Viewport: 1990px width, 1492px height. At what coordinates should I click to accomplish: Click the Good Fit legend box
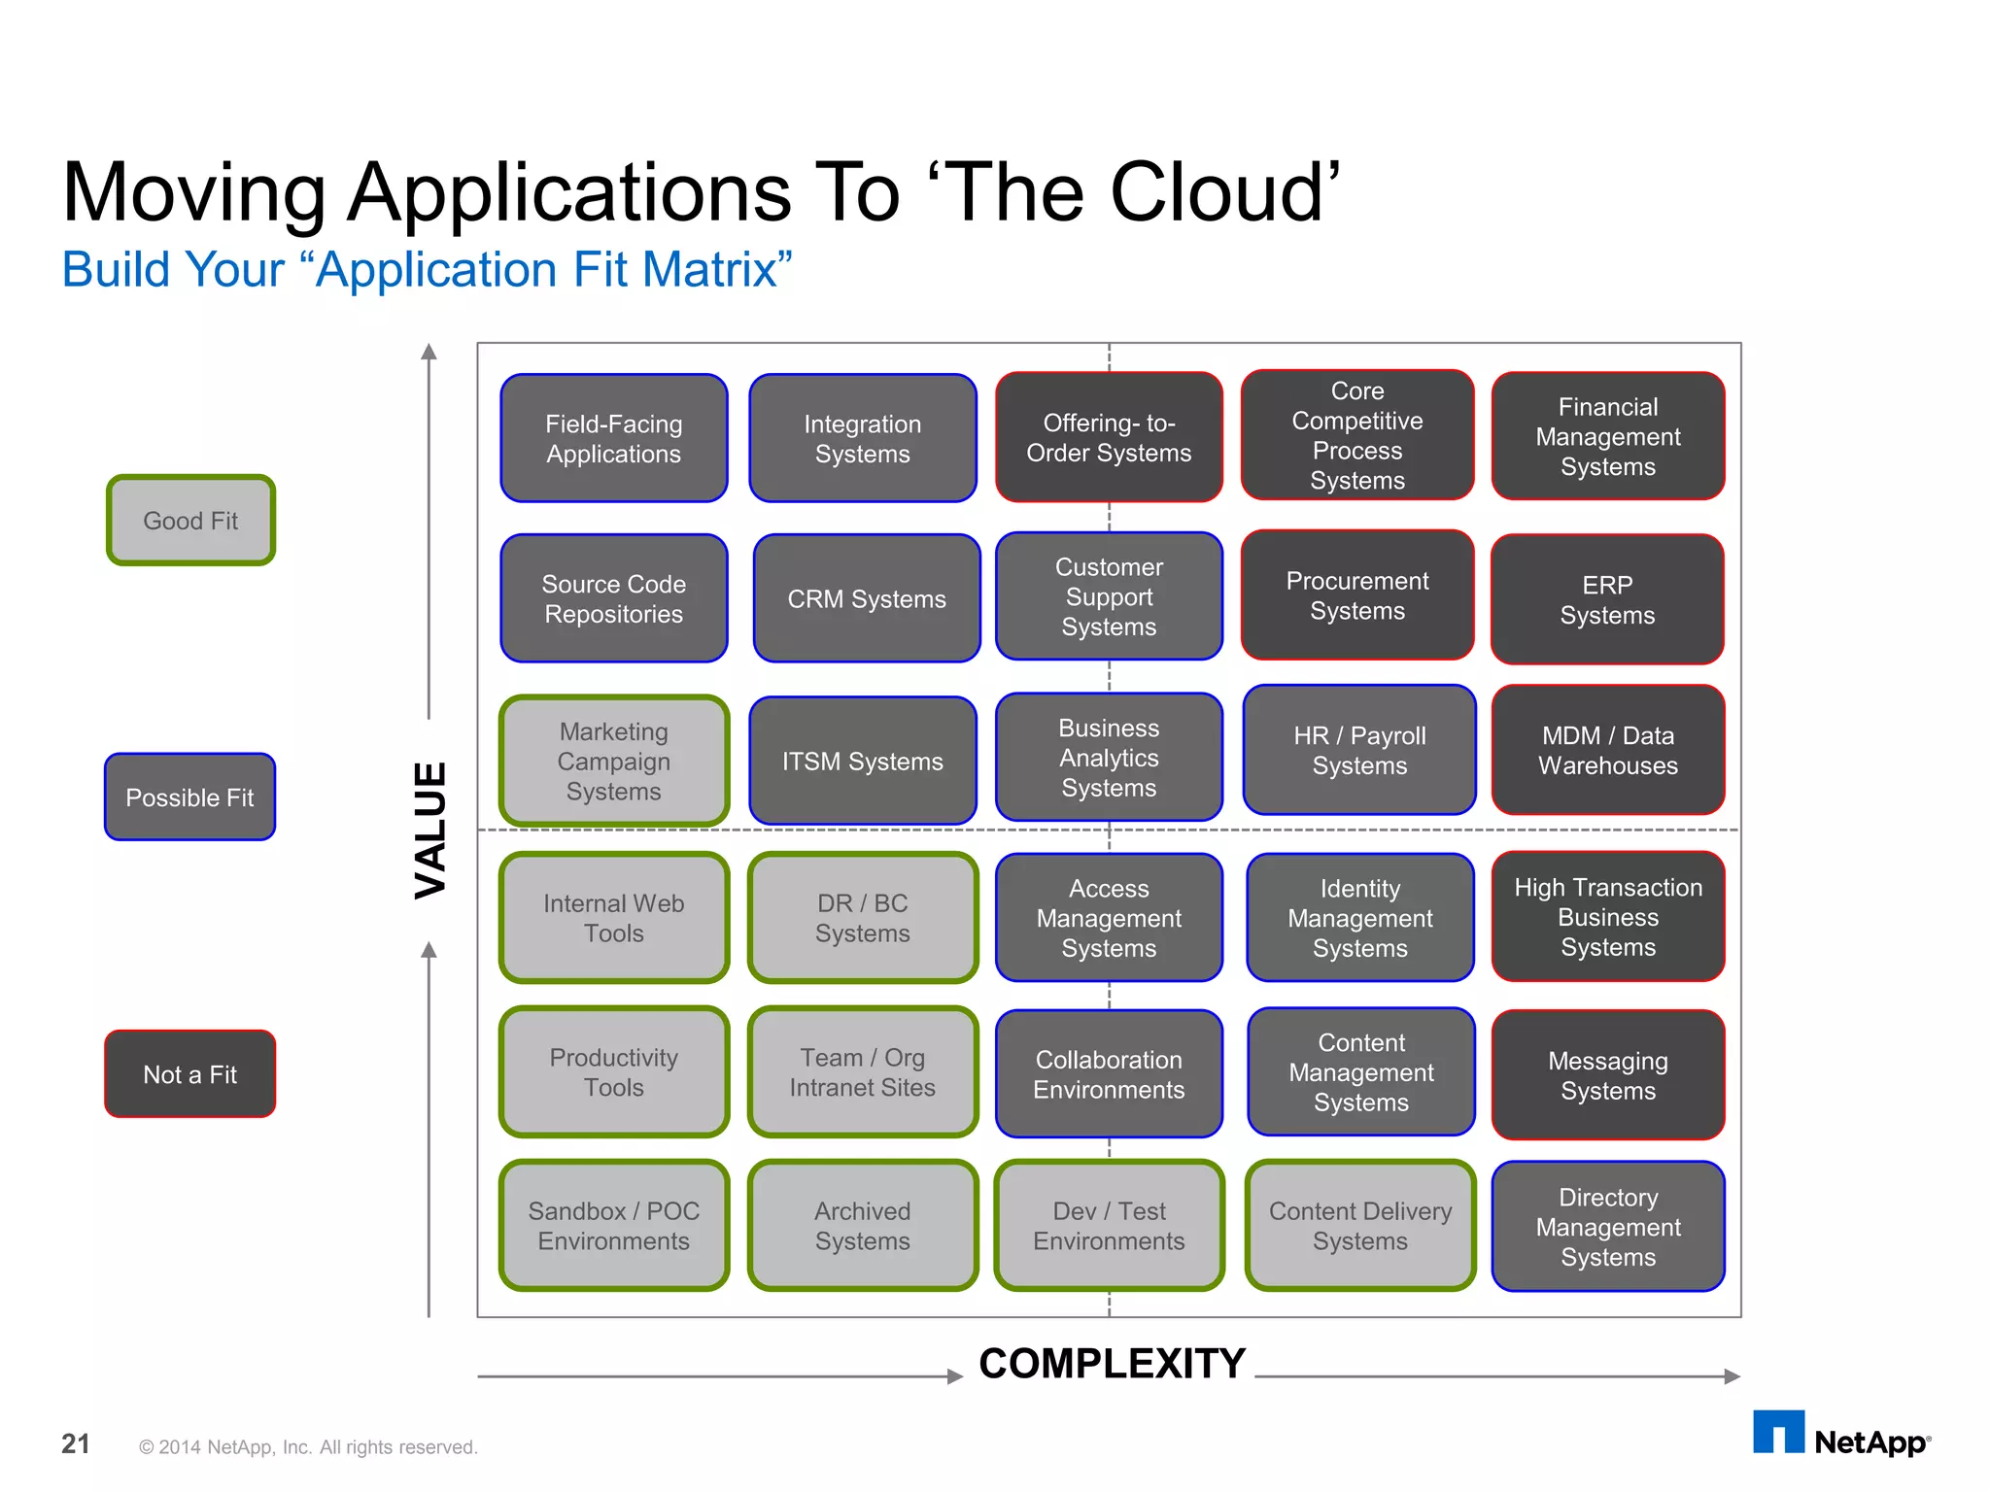point(190,520)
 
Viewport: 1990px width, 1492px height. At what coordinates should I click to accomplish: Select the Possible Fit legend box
point(190,797)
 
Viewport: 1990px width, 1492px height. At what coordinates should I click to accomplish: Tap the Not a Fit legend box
point(190,1073)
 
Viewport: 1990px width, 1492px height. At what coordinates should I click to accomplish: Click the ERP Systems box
point(1607,599)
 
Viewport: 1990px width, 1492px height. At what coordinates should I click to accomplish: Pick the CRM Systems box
point(866,598)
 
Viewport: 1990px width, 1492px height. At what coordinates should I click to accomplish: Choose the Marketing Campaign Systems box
point(614,761)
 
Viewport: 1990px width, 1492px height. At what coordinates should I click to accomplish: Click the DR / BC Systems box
point(863,918)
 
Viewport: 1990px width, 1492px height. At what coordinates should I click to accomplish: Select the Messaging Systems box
point(1607,1075)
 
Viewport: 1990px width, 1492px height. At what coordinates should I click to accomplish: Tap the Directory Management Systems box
point(1607,1226)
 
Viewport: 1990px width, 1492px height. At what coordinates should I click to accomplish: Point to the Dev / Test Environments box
point(1109,1225)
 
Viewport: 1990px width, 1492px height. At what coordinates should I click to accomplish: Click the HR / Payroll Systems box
point(1359,750)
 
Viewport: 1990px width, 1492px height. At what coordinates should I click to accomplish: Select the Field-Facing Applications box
point(614,438)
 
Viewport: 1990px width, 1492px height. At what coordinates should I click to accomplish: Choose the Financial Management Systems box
point(1607,436)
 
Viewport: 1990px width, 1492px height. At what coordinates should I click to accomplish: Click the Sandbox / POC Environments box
point(614,1225)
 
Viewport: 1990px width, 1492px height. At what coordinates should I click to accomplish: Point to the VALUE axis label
point(430,831)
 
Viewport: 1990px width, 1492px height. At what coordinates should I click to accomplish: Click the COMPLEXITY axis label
point(1112,1364)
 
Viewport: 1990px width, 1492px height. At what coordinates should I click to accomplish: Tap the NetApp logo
point(1840,1435)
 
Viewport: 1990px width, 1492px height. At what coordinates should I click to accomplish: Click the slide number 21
point(76,1444)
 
